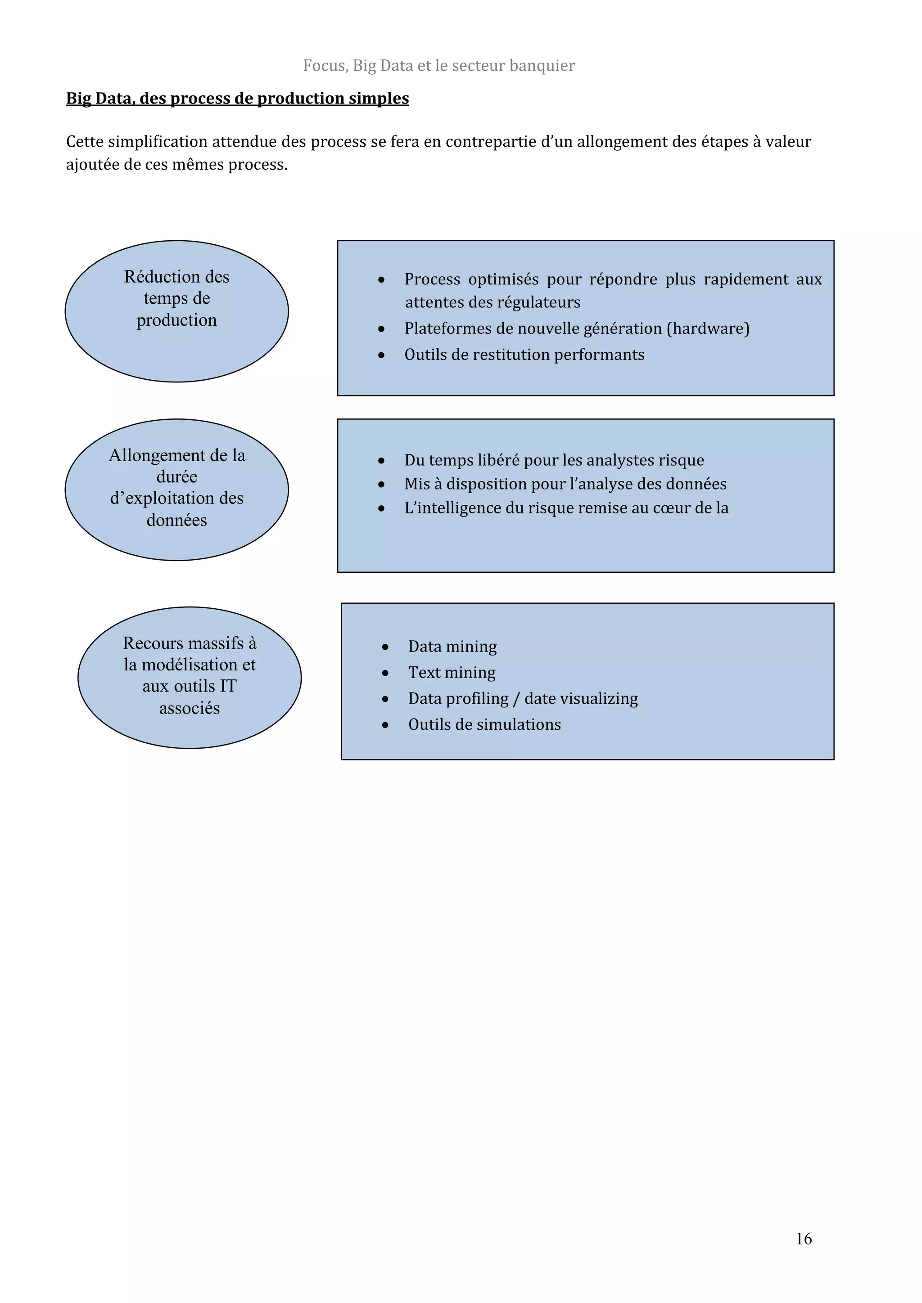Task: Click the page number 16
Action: pyautogui.click(x=803, y=1238)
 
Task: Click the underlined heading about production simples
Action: pyautogui.click(x=237, y=98)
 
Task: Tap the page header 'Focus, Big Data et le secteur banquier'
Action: pyautogui.click(x=439, y=66)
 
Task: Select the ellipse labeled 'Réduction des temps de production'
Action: pyautogui.click(x=176, y=311)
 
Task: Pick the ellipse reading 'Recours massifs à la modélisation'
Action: pyautogui.click(x=189, y=677)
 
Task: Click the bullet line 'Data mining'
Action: pyautogui.click(x=452, y=647)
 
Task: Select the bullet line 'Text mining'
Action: pyautogui.click(x=452, y=673)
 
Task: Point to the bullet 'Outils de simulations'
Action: pyautogui.click(x=484, y=725)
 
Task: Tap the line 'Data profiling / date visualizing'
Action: pyautogui.click(x=523, y=699)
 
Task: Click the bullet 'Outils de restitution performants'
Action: pyautogui.click(x=524, y=355)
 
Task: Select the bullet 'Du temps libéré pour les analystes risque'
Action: pyautogui.click(x=554, y=460)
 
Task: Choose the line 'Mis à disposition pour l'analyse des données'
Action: pyautogui.click(x=565, y=484)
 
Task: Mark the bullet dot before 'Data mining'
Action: pyautogui.click(x=385, y=647)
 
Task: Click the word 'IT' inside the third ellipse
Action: pyautogui.click(x=228, y=686)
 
